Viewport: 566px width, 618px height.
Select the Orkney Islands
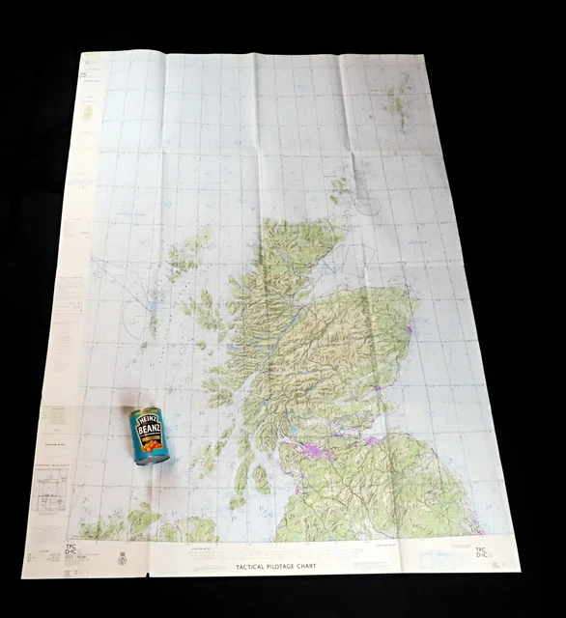340,188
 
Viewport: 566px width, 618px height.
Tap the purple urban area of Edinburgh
373,440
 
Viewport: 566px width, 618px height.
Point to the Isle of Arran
261,479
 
